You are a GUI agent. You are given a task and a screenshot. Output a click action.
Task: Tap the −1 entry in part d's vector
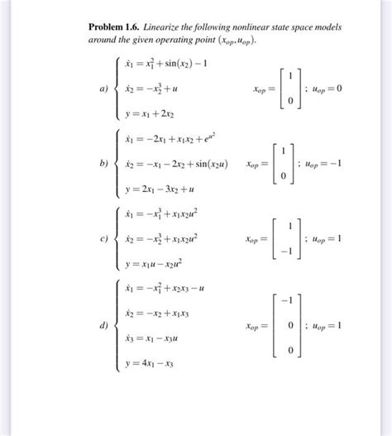pyautogui.click(x=284, y=301)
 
